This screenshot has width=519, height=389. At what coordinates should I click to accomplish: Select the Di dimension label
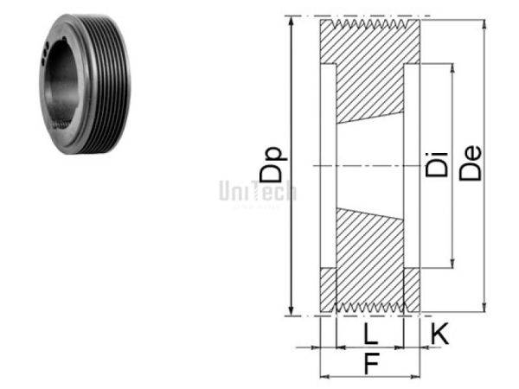[x=437, y=164]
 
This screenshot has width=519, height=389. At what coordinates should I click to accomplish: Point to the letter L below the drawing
[x=368, y=334]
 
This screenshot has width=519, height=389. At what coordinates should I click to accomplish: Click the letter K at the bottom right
[x=439, y=331]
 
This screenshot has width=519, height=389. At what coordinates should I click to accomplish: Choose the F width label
[x=370, y=365]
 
